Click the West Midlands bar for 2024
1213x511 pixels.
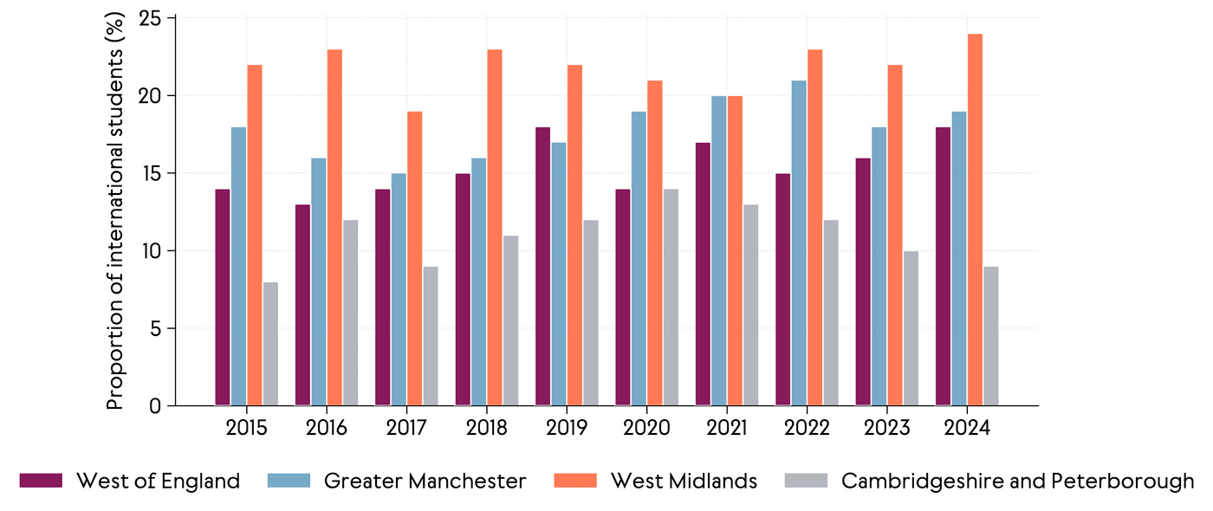(975, 220)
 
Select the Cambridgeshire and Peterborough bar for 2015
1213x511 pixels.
(270, 344)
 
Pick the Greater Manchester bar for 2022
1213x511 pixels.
(799, 243)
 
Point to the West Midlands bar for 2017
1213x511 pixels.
(414, 259)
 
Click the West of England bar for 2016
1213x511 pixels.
(302, 305)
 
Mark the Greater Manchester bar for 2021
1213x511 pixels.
(719, 251)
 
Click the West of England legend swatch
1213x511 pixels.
(42, 481)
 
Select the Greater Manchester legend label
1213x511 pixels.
(425, 481)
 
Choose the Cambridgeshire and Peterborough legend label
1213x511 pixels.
(1017, 481)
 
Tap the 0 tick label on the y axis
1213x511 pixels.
(155, 406)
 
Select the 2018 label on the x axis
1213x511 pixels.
(486, 428)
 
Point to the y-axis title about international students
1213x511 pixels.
(114, 212)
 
